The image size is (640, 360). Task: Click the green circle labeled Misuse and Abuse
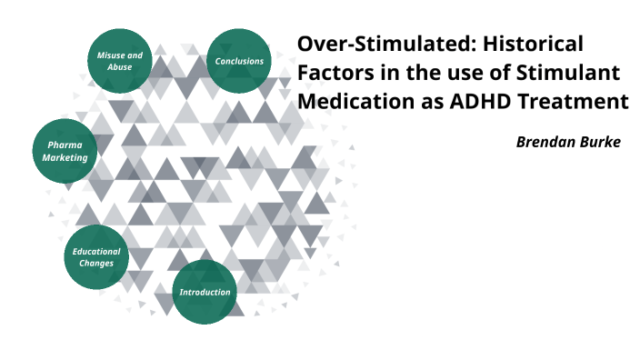point(119,61)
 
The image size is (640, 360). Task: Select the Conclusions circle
point(239,61)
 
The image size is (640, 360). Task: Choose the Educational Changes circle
point(96,257)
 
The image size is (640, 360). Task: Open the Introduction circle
point(205,292)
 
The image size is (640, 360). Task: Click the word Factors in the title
point(333,72)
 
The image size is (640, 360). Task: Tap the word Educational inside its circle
point(96,251)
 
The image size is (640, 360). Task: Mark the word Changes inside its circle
point(96,264)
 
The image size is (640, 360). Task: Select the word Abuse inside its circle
point(119,67)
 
